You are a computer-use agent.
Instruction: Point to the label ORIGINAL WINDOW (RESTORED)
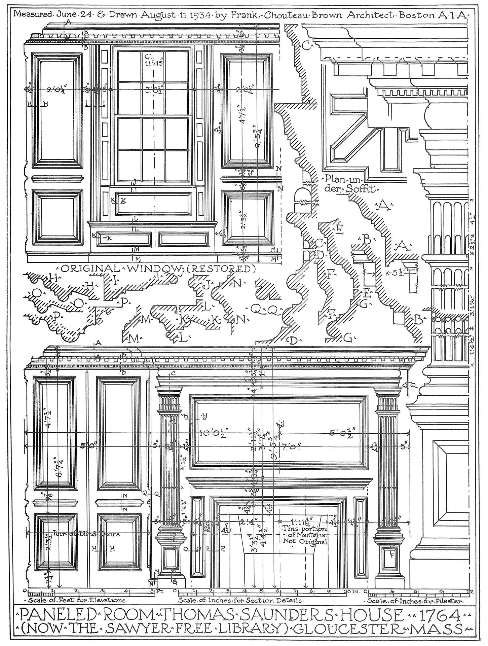click(x=157, y=269)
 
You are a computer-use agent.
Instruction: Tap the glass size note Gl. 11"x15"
click(x=148, y=60)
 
